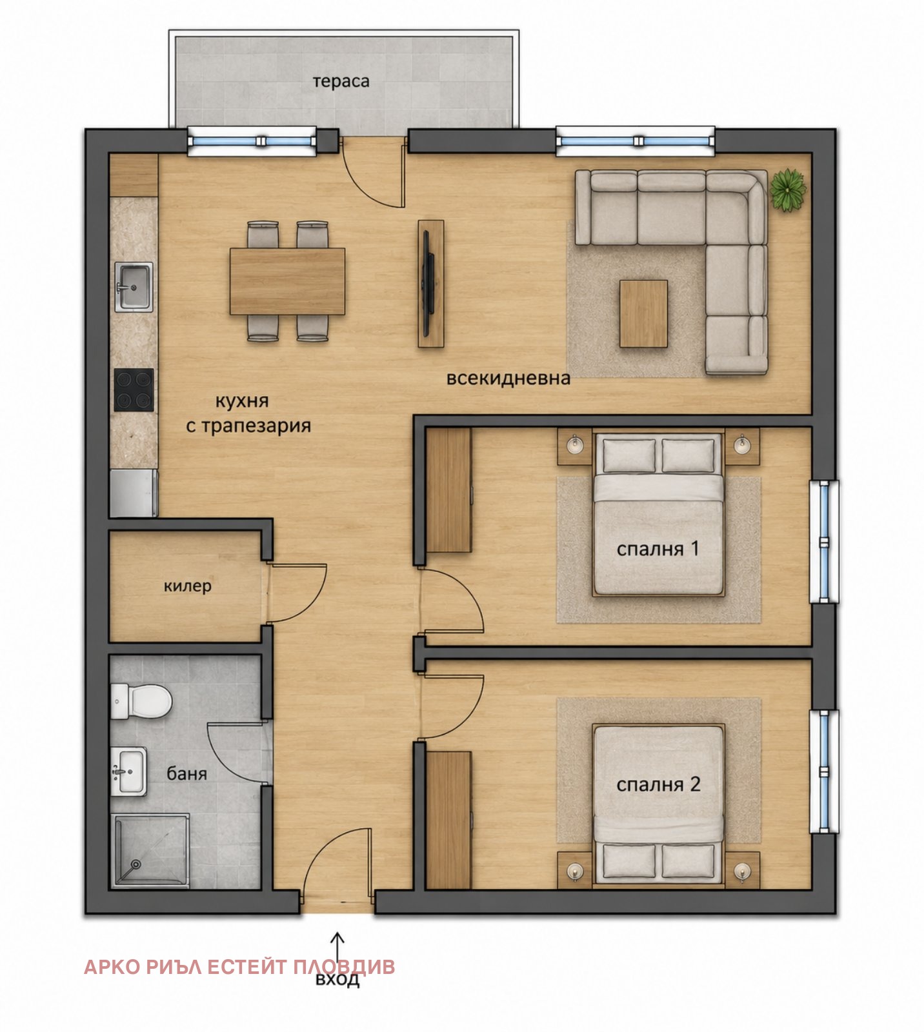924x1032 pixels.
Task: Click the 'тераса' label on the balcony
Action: [x=341, y=82]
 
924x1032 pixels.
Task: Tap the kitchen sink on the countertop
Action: [x=134, y=287]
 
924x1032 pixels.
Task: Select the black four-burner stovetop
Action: [x=134, y=390]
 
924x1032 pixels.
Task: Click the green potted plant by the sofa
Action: [x=788, y=190]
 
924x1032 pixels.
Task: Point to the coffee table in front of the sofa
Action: [x=643, y=313]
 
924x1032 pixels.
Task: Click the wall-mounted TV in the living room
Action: [x=427, y=283]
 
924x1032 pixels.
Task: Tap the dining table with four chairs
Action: [x=287, y=281]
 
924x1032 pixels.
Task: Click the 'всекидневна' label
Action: [x=508, y=378]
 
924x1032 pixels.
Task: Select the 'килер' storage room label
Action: [x=187, y=586]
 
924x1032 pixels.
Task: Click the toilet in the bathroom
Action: [x=141, y=701]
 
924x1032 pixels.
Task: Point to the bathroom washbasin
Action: [x=129, y=771]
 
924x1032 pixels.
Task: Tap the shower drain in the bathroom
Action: [x=136, y=864]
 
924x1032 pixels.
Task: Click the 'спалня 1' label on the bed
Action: [x=658, y=549]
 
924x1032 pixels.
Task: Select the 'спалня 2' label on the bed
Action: [x=658, y=784]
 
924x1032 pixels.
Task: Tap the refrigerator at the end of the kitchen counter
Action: [x=134, y=493]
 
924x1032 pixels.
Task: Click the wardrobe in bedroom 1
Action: [x=449, y=490]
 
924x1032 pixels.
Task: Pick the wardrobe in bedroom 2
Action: [x=449, y=820]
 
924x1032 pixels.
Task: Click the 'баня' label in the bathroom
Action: [x=187, y=773]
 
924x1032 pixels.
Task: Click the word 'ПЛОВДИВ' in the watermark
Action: [x=344, y=967]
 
